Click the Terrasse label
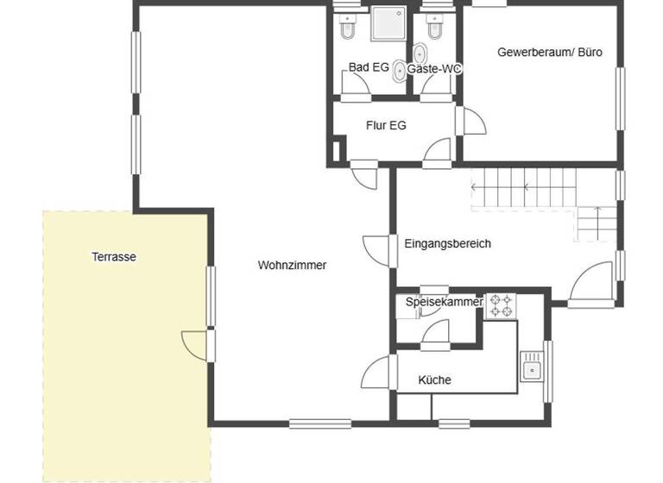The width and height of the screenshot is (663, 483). coord(114,256)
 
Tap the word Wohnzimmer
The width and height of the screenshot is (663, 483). coord(292,266)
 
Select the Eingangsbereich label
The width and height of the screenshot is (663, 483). coord(447,243)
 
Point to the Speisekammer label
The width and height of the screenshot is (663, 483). coord(444,302)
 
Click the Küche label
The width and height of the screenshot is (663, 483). coord(434,379)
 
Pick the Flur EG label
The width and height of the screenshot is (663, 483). coord(386,125)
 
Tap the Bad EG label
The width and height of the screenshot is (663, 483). coord(369,67)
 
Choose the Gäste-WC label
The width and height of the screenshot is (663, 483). coord(435,68)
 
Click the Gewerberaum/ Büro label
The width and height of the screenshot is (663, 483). coord(550,52)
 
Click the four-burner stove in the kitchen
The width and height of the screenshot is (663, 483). coord(501,305)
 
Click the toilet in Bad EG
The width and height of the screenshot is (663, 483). coord(346,29)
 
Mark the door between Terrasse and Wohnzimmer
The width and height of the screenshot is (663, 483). coord(195,345)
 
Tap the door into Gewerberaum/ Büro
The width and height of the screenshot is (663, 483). coord(471,122)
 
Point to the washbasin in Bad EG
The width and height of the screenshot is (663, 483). coord(399,72)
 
